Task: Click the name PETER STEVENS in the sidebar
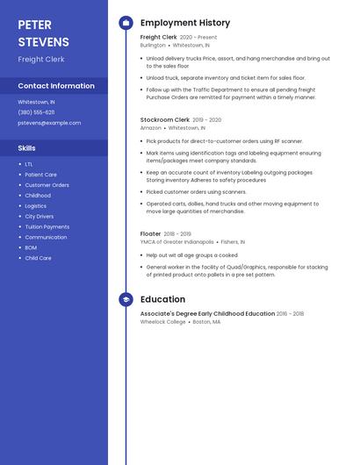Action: point(43,33)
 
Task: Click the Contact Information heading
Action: point(56,86)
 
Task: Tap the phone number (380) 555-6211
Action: point(36,112)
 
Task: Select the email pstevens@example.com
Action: point(49,123)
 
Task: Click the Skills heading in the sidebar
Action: point(27,148)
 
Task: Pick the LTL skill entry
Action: point(29,164)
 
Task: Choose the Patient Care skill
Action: point(40,175)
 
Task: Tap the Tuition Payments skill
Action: point(47,226)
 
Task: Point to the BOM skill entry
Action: point(31,247)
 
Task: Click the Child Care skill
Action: point(38,258)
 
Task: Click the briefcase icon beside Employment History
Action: point(126,23)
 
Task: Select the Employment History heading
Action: point(185,23)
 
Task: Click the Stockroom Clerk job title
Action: point(164,119)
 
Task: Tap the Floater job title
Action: point(150,234)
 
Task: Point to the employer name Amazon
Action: point(150,128)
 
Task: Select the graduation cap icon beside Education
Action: point(126,299)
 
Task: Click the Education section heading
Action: point(162,299)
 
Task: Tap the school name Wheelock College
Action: point(162,322)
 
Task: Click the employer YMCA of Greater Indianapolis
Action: point(176,242)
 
